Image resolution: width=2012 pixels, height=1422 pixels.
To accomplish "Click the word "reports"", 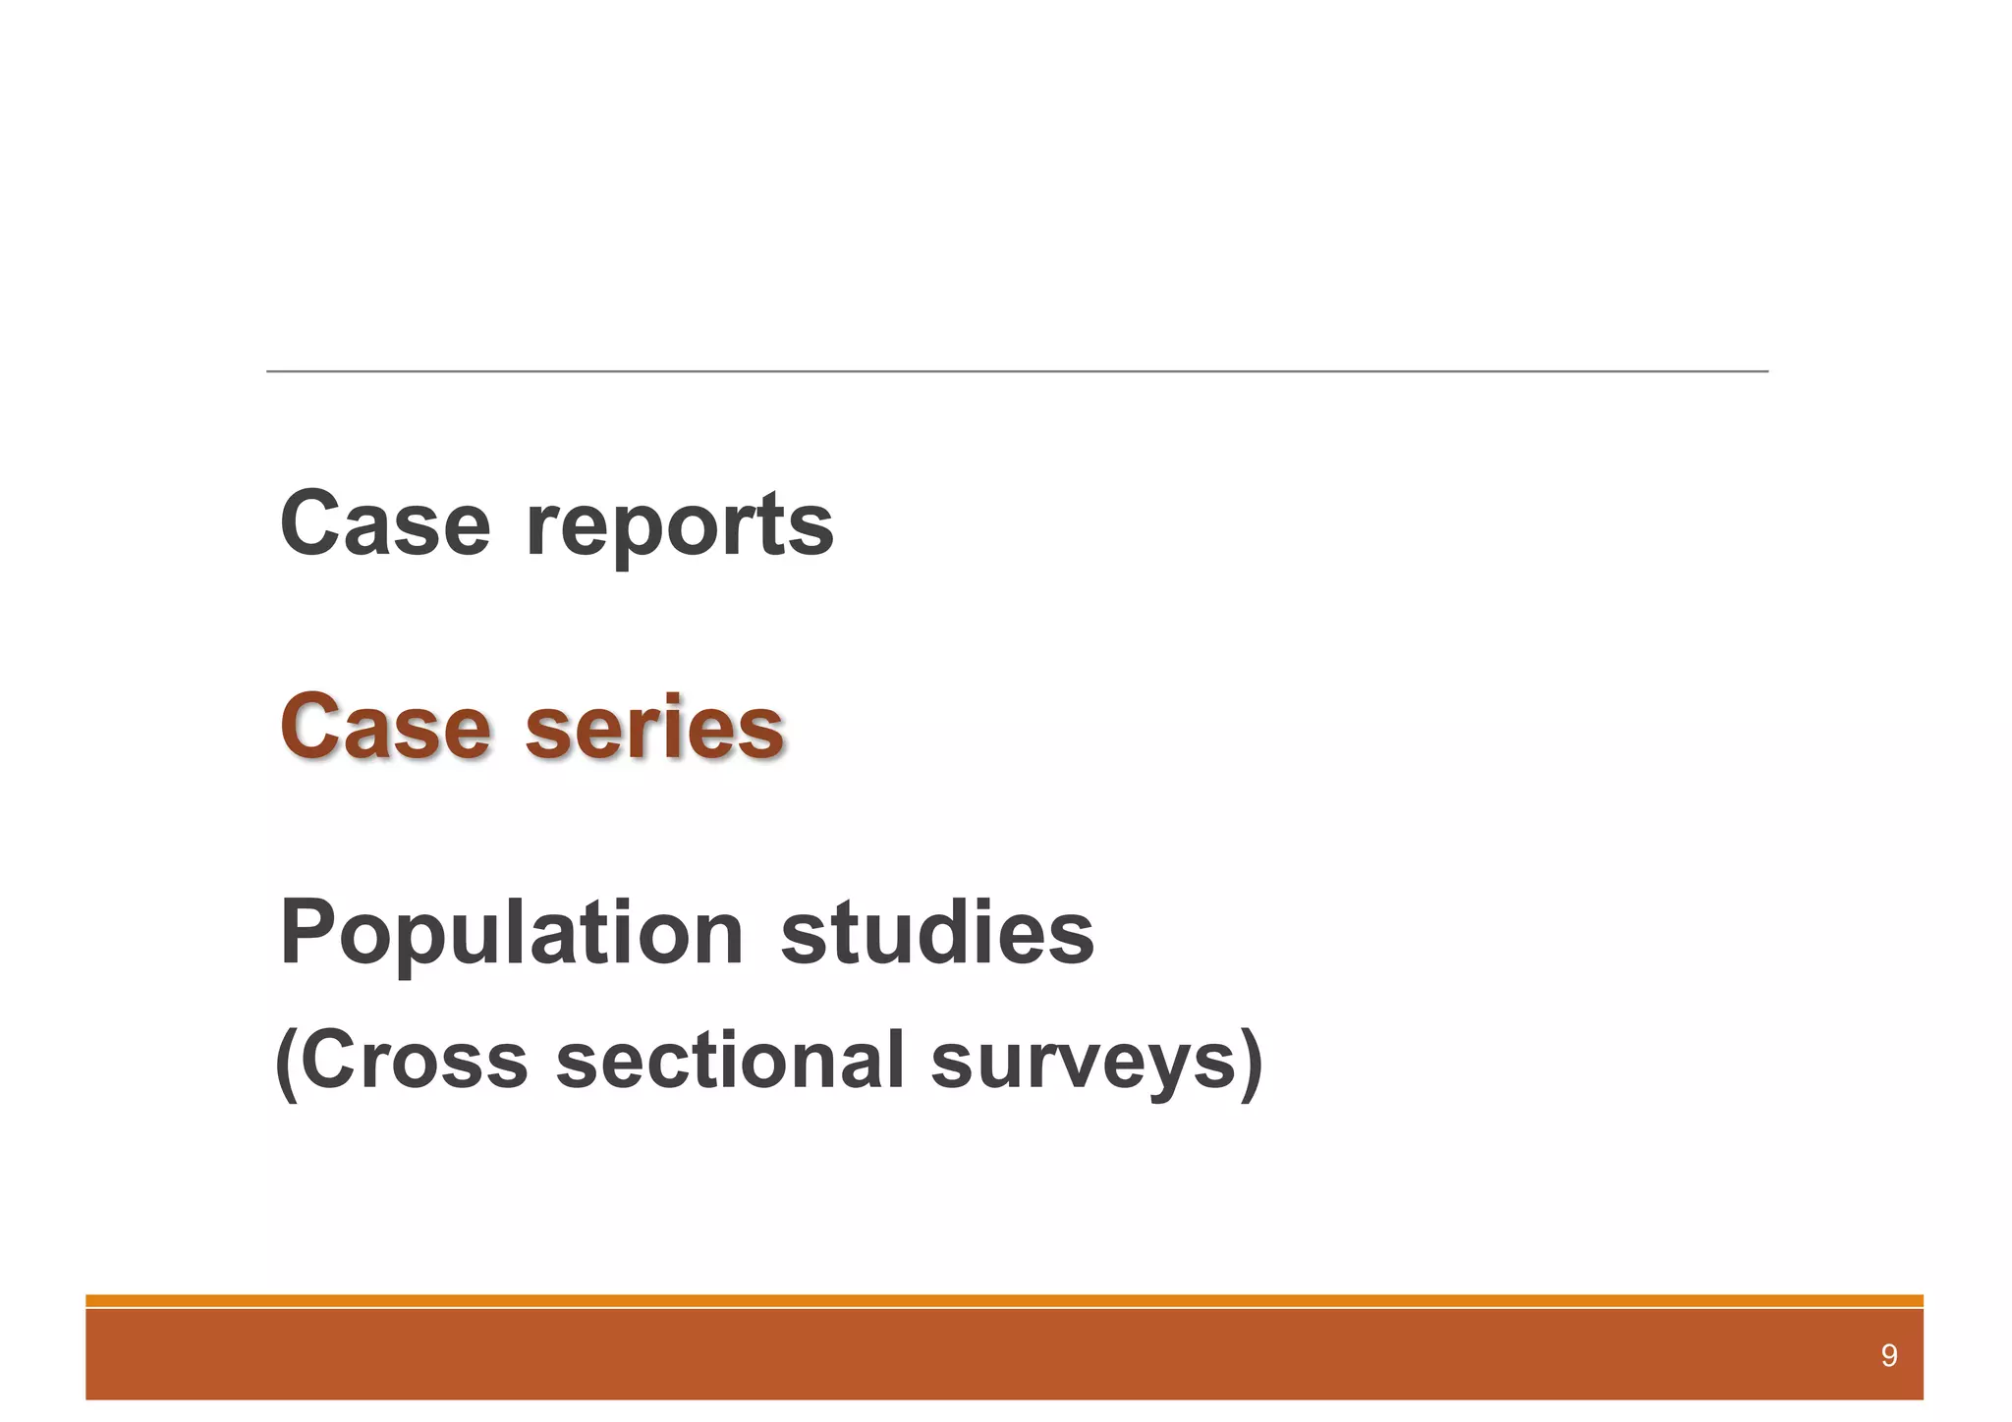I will pos(680,525).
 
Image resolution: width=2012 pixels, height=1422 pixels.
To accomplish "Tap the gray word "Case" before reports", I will pos(384,523).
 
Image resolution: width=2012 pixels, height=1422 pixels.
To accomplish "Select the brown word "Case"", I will pos(384,728).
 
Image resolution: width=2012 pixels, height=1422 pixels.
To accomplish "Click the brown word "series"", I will pos(654,728).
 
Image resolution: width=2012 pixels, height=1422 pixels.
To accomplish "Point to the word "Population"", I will pos(511,933).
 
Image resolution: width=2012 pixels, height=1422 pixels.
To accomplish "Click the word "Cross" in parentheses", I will pos(414,1061).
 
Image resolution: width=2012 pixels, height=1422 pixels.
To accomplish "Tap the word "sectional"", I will pos(729,1061).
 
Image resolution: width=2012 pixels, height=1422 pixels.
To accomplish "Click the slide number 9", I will pos(1888,1356).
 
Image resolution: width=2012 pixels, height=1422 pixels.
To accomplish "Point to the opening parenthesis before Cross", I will pos(286,1064).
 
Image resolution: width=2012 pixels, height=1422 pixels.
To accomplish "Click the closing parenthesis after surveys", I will pos(1251,1064).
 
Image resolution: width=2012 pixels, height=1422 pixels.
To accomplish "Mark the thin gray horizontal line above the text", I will pos(1017,371).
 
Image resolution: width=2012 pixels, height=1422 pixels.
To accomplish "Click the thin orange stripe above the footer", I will pos(1004,1300).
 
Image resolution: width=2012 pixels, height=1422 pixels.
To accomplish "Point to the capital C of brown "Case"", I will pos(312,728).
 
